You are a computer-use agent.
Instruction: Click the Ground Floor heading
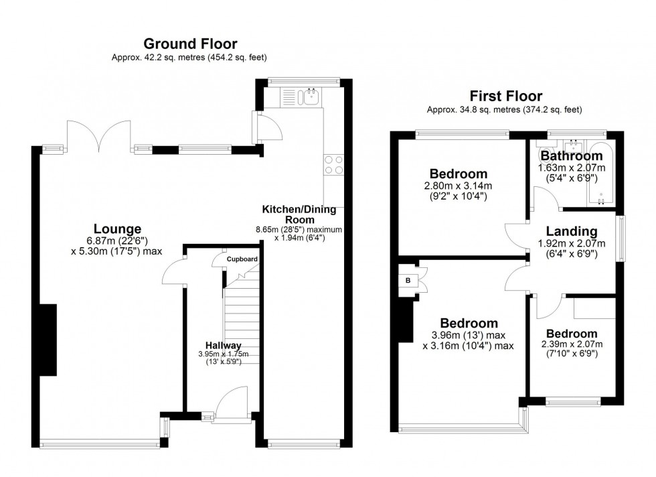click(x=190, y=44)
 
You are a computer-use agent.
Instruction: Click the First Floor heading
click(x=506, y=96)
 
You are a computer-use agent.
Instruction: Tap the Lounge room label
click(x=118, y=229)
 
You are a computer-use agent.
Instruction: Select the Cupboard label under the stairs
click(x=242, y=259)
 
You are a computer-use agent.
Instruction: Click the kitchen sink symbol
click(x=310, y=96)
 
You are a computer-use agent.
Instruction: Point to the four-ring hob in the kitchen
click(x=334, y=165)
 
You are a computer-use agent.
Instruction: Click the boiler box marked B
click(x=408, y=281)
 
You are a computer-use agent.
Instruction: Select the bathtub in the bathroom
click(x=601, y=174)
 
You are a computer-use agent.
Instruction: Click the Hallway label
click(x=224, y=346)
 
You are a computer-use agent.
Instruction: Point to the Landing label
click(x=572, y=231)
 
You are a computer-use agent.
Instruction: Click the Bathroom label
click(x=572, y=156)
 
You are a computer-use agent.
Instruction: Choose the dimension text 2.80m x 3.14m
click(x=458, y=186)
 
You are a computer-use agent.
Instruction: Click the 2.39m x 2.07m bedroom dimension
click(x=572, y=344)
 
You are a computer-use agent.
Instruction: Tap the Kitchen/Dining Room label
click(x=299, y=214)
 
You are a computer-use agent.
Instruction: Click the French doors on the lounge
click(x=99, y=135)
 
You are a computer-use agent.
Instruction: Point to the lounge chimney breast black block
click(x=48, y=340)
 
